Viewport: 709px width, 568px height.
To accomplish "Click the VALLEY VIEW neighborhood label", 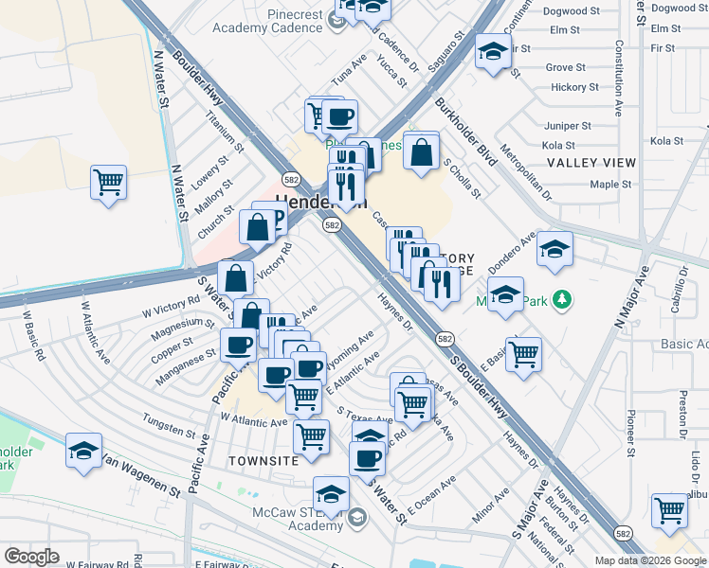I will click(x=591, y=163).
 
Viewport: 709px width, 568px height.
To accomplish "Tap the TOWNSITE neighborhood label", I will click(x=264, y=460).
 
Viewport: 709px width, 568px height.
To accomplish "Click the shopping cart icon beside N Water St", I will click(x=109, y=180).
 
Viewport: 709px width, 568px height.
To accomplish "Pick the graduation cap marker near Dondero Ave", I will click(x=554, y=248).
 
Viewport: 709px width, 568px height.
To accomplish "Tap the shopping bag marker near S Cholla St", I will click(x=421, y=151).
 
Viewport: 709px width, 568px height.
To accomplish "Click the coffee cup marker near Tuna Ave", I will click(x=339, y=118).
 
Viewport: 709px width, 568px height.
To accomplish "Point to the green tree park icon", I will click(x=563, y=300).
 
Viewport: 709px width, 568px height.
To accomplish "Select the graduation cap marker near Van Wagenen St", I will click(x=83, y=451).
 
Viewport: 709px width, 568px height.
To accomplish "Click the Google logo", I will click(x=31, y=557).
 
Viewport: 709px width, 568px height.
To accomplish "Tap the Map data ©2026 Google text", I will click(x=650, y=560).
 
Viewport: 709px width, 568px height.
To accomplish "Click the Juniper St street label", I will click(x=568, y=125).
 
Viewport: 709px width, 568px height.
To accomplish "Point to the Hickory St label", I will click(x=574, y=87).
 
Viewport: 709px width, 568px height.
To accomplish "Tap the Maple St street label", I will click(x=610, y=184).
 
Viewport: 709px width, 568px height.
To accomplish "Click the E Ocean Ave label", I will click(x=431, y=494).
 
